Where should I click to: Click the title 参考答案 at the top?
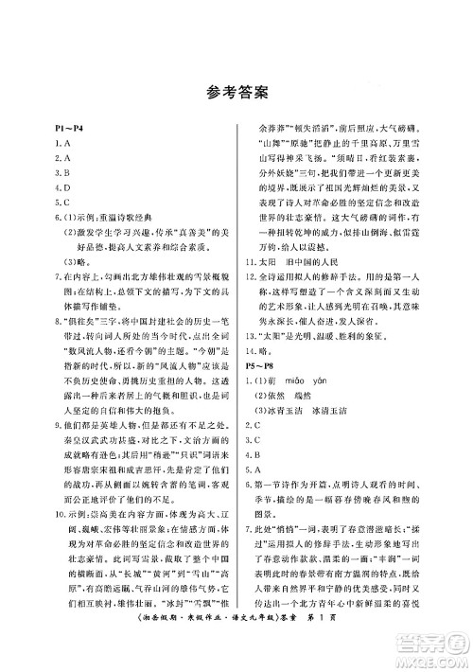point(236,94)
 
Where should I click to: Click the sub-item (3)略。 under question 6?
point(77,263)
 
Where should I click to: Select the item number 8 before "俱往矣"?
point(58,325)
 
